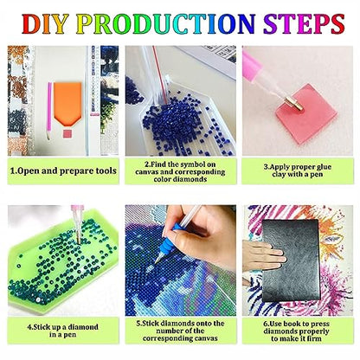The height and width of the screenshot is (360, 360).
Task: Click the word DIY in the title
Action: coord(45,23)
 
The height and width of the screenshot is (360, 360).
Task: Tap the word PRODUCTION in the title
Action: coord(165,23)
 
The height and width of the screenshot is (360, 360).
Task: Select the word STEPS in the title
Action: coord(304,23)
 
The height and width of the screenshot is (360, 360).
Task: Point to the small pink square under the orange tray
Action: coord(67,133)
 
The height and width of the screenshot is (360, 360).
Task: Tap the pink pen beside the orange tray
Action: coord(49,111)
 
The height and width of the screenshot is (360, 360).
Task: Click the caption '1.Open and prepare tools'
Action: coord(63,170)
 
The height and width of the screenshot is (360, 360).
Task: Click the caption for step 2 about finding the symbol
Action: coord(180,171)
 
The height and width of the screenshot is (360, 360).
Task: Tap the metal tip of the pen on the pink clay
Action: coord(295,104)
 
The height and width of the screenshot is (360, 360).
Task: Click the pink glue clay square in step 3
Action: coord(307,113)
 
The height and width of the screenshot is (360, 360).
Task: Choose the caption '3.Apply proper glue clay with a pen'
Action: coord(298,170)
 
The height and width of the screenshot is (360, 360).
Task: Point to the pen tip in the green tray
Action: coord(78,238)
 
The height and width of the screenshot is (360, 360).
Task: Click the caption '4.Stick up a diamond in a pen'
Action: coord(63,331)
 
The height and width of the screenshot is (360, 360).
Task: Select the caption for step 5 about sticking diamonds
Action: coord(180,331)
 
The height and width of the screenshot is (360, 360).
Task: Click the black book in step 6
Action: coord(291,260)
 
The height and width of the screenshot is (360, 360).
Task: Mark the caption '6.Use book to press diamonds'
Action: coord(297,331)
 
